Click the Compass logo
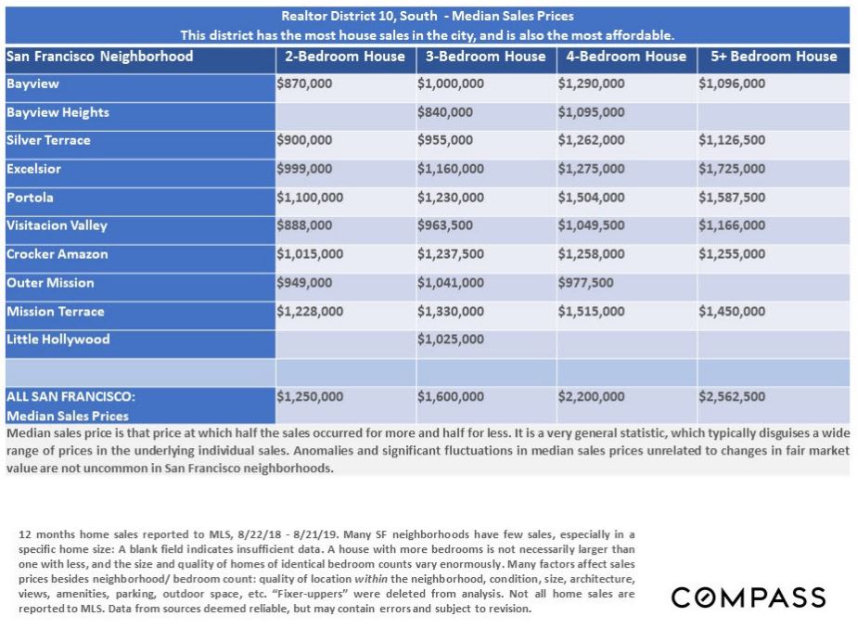coord(748,597)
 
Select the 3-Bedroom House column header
coord(485,57)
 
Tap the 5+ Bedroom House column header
coord(774,57)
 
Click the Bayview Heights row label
coord(58,112)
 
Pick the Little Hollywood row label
coord(58,340)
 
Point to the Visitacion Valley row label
coord(57,225)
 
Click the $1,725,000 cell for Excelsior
coord(732,169)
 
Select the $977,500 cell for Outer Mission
coord(585,283)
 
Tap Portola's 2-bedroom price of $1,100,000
coord(310,198)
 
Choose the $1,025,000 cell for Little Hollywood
coord(451,340)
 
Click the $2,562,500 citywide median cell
coord(732,396)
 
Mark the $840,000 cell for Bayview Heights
coord(445,112)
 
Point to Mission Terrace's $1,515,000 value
coord(591,312)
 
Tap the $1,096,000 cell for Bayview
coord(732,83)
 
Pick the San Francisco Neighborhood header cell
coord(99,57)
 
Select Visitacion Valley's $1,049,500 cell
coord(591,225)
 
